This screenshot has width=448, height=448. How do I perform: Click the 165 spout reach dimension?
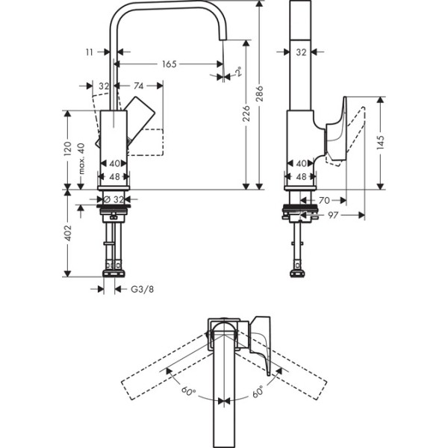(169, 65)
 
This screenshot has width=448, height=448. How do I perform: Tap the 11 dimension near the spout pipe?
(90, 53)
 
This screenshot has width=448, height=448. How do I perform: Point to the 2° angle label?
(237, 72)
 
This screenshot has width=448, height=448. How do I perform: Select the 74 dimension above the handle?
(139, 86)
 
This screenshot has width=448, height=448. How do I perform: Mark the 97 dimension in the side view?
(334, 216)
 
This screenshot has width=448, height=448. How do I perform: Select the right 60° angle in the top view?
(257, 390)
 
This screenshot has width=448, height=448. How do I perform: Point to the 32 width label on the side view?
(302, 53)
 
